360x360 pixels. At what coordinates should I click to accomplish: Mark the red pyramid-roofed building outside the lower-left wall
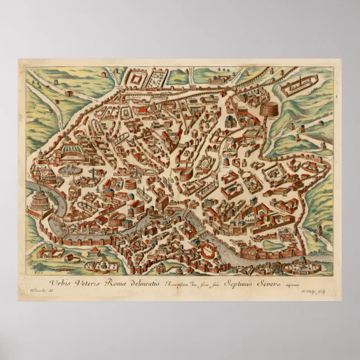pyautogui.click(x=69, y=93)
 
